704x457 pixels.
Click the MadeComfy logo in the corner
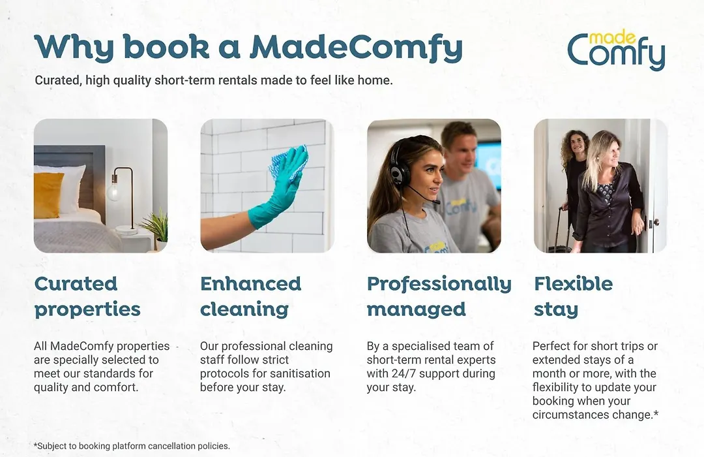[x=616, y=50]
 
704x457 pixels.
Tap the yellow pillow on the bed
[x=48, y=195]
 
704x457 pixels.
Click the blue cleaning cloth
[x=288, y=162]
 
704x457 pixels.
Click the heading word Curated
[x=76, y=284]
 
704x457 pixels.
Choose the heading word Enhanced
[x=250, y=284]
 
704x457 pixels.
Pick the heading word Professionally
[x=439, y=285]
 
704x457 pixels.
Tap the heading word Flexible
[x=574, y=284]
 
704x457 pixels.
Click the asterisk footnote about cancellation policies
[x=132, y=446]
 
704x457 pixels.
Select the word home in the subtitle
[x=374, y=80]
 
